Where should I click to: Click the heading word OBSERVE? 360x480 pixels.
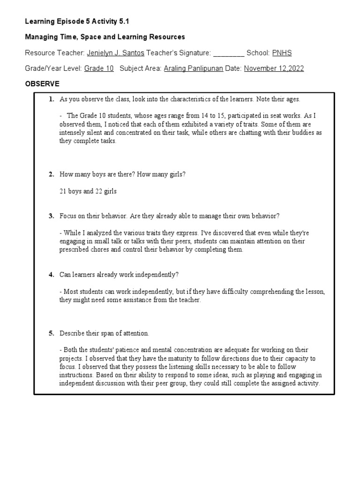coord(42,83)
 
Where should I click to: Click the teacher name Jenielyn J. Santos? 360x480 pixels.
coord(115,53)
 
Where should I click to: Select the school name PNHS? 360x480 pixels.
coord(282,53)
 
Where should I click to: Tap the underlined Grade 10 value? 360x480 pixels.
coord(98,68)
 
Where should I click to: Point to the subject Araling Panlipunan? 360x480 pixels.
coord(193,68)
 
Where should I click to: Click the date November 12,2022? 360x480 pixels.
coord(274,68)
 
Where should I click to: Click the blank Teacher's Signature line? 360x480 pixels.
coord(229,53)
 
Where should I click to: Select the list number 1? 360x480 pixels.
coord(51,99)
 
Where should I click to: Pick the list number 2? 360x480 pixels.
coord(51,174)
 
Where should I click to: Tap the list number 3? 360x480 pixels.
coord(51,216)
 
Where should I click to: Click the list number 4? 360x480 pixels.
coord(51,275)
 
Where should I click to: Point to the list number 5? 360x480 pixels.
coord(51,333)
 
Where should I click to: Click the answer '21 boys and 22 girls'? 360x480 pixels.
coord(88,191)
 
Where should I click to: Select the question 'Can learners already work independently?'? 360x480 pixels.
coord(119,275)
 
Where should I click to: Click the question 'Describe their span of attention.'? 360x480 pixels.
coord(104,333)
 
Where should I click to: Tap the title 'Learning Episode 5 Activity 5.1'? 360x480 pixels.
coord(76,22)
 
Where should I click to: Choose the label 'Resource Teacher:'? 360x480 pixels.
coord(55,53)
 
